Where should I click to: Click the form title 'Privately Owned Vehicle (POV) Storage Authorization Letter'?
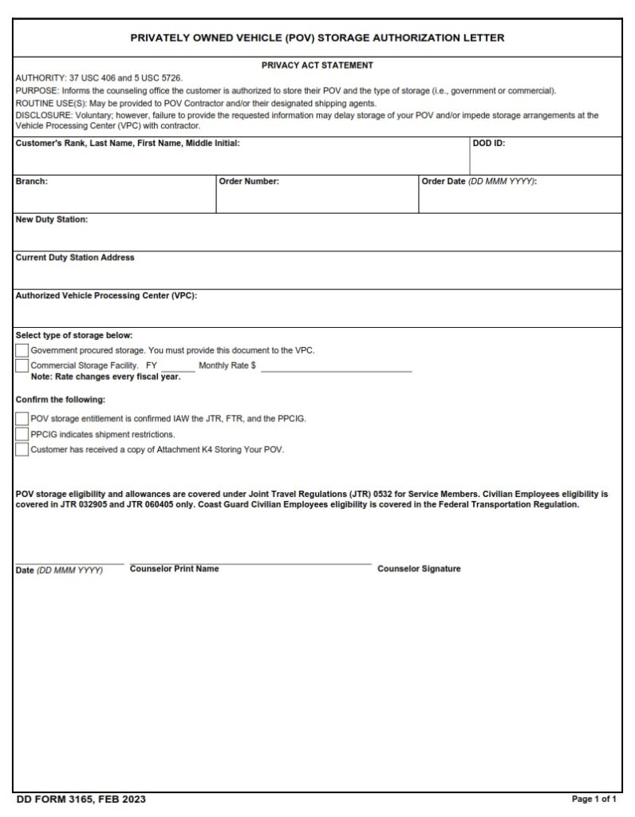tap(317, 37)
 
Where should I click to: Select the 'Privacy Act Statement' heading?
tap(317, 65)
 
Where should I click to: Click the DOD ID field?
tap(545, 161)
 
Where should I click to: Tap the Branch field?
tap(114, 199)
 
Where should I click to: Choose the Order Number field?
tap(317, 199)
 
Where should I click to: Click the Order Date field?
tap(519, 199)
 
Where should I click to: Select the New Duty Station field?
tap(317, 237)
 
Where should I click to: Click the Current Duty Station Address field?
tap(317, 275)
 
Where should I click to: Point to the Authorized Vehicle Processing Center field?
tap(317, 314)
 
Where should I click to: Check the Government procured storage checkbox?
tap(22, 351)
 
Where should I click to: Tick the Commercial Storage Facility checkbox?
tap(22, 366)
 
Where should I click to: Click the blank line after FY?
tap(177, 366)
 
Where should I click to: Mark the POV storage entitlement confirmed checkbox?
tap(22, 419)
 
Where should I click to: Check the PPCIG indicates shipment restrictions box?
tap(22, 434)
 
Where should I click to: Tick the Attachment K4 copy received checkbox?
tap(22, 450)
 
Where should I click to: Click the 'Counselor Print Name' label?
tap(174, 569)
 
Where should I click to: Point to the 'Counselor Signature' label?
tap(419, 569)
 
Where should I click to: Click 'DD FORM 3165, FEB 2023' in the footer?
tap(81, 799)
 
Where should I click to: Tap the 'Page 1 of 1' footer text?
tap(594, 799)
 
